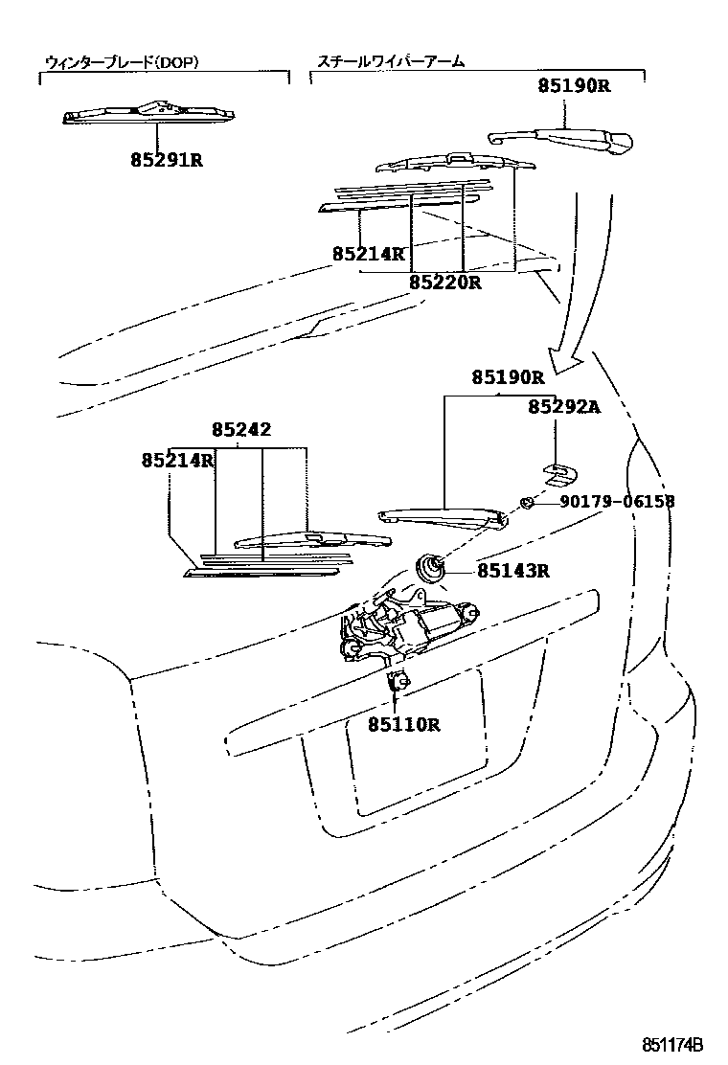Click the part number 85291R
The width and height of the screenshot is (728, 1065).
pos(167,160)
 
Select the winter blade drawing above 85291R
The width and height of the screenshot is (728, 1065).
pos(149,114)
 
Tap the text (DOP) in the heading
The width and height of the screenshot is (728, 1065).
pos(178,62)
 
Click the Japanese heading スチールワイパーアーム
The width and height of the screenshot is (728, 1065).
pos(390,62)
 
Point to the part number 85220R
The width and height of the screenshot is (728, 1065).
pos(444,283)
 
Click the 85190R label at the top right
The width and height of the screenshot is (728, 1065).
pos(573,85)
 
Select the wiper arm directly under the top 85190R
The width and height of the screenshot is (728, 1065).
pos(560,142)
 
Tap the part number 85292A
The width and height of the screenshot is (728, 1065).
pos(563,407)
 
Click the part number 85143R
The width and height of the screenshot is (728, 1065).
pos(513,572)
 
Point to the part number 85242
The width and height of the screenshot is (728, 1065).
pos(241,430)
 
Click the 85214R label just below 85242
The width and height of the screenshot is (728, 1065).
pos(177,460)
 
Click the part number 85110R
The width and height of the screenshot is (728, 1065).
pos(403,724)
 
